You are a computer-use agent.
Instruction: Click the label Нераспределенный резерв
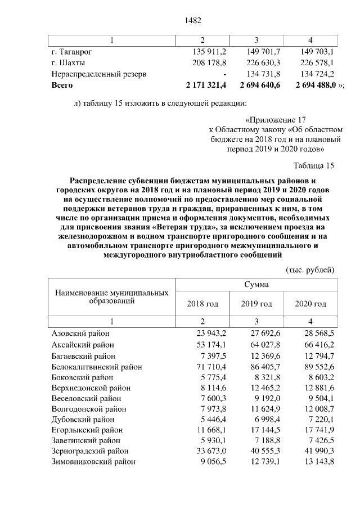99,74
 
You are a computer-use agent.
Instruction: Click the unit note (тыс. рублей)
310,269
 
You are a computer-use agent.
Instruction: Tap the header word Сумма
256,284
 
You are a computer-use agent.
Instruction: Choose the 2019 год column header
256,304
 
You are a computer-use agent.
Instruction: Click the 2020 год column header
310,304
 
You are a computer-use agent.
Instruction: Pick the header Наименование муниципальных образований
112,298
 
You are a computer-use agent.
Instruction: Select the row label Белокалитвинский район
96,367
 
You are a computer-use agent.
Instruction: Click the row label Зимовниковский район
93,462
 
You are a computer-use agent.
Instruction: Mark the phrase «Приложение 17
275,120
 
